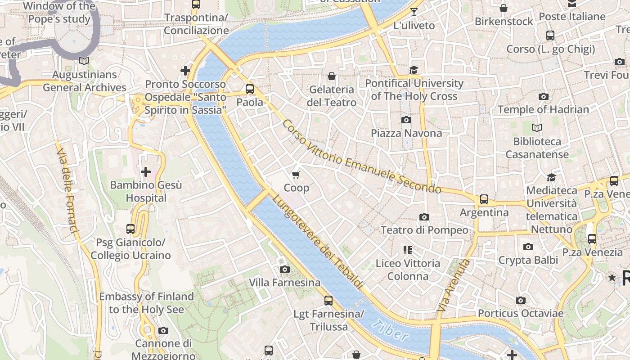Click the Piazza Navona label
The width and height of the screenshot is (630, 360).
click(x=406, y=133)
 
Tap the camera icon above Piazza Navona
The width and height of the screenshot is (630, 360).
click(x=406, y=120)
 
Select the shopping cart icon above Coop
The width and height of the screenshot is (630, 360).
click(x=296, y=175)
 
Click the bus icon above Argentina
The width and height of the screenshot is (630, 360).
click(x=484, y=199)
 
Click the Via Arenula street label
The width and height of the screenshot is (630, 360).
click(x=454, y=286)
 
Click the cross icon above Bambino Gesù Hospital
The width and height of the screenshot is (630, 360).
click(x=146, y=172)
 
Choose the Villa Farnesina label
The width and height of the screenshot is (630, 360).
click(x=284, y=283)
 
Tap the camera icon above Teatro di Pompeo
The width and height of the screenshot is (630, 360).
click(x=424, y=217)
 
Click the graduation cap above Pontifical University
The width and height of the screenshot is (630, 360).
click(x=414, y=70)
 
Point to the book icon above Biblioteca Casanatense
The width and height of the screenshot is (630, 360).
click(x=537, y=128)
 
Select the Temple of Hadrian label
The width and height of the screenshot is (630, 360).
click(x=543, y=109)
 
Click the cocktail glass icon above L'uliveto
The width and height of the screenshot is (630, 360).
click(x=414, y=12)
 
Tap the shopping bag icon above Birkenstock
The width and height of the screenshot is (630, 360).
click(x=504, y=8)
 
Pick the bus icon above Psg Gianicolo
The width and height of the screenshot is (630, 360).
click(x=130, y=229)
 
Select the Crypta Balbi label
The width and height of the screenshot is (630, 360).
click(x=528, y=260)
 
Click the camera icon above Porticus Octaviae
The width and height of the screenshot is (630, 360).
click(x=521, y=300)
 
